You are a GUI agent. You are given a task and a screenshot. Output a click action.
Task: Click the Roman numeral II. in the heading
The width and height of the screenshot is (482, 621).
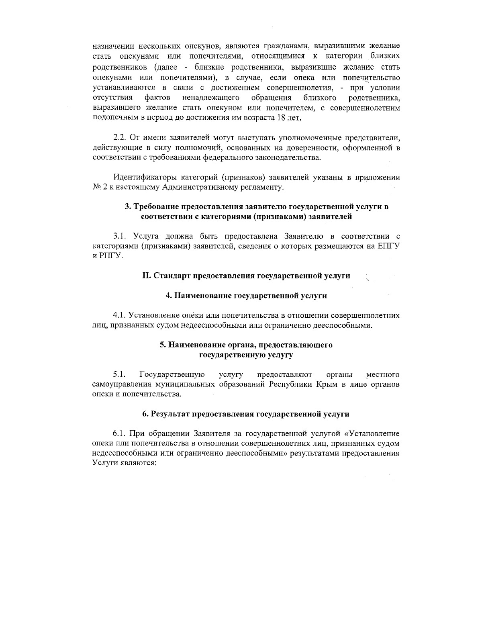tap(147, 276)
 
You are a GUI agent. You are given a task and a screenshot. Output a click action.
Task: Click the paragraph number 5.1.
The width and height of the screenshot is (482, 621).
tap(119, 375)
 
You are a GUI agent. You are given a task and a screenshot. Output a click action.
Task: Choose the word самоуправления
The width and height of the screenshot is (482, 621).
tap(118, 385)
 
